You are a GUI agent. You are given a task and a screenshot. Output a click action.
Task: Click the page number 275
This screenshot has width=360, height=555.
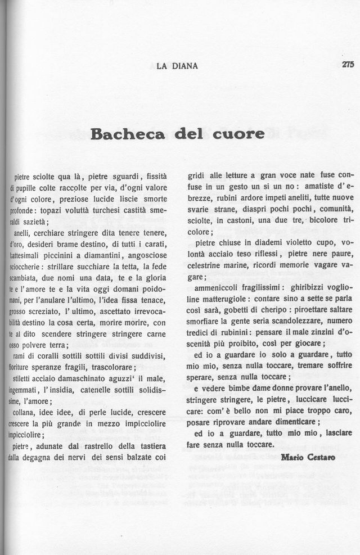(x=347, y=65)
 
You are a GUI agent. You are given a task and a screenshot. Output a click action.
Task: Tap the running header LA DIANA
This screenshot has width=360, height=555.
(x=177, y=66)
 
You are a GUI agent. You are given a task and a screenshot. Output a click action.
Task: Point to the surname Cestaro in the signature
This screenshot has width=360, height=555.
(x=321, y=457)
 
